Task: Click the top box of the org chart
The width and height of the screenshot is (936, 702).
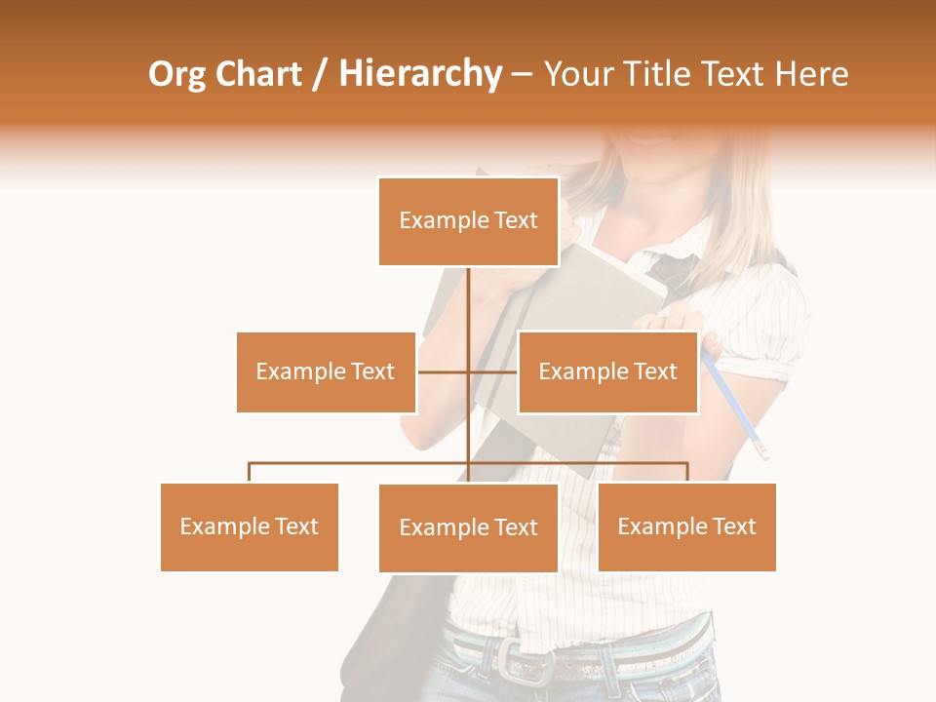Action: (x=468, y=221)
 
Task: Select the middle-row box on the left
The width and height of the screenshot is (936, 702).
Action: (x=326, y=371)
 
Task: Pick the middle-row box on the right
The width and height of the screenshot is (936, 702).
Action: (x=607, y=371)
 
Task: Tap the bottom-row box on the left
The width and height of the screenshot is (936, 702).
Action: (x=250, y=526)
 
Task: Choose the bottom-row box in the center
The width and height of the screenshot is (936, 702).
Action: (x=468, y=527)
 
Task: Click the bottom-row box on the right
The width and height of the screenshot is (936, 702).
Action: (x=686, y=526)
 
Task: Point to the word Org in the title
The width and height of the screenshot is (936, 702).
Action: (x=176, y=75)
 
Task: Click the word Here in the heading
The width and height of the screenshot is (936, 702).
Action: (x=811, y=74)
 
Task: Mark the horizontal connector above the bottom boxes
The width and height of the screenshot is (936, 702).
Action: (x=361, y=464)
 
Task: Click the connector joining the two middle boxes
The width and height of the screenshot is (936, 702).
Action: (x=444, y=371)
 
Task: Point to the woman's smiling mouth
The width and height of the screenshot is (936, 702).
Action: (x=648, y=137)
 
